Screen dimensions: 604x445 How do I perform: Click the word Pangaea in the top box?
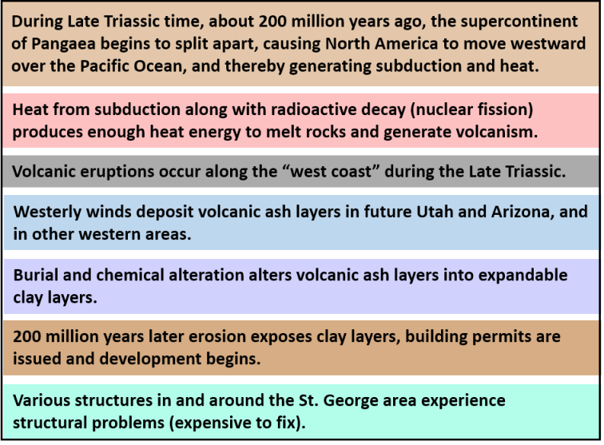(63, 44)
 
